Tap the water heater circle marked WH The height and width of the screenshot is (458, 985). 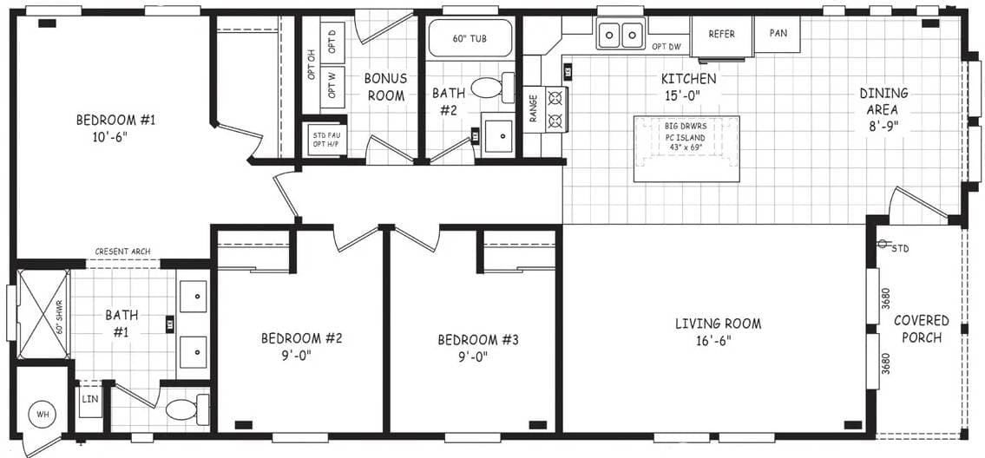pyautogui.click(x=43, y=414)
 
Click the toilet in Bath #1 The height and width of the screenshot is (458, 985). pyautogui.click(x=185, y=409)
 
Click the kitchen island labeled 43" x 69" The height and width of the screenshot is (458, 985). pyautogui.click(x=686, y=148)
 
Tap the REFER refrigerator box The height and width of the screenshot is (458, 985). pyautogui.click(x=721, y=35)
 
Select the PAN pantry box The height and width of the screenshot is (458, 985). pyautogui.click(x=778, y=34)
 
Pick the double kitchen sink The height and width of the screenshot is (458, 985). pyautogui.click(x=621, y=36)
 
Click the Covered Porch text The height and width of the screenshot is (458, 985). pyautogui.click(x=922, y=329)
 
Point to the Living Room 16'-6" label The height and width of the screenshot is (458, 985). pyautogui.click(x=718, y=331)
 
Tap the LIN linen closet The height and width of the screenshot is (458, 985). pyautogui.click(x=89, y=400)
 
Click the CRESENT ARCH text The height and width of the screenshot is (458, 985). pyautogui.click(x=122, y=252)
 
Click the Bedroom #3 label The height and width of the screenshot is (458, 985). pyautogui.click(x=477, y=347)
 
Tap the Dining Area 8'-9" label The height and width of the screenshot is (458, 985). pyautogui.click(x=883, y=109)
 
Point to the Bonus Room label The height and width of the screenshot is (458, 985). pyautogui.click(x=385, y=87)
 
